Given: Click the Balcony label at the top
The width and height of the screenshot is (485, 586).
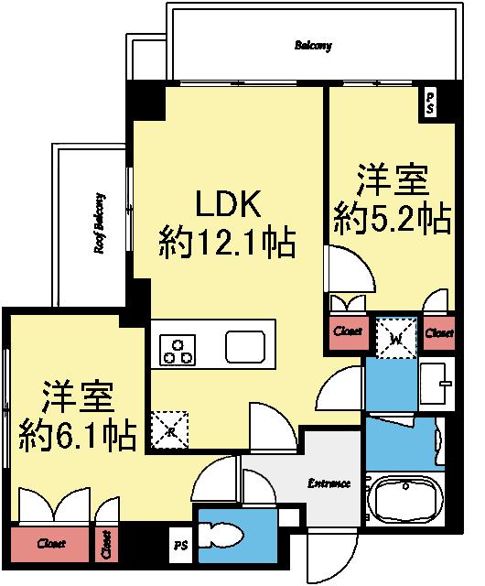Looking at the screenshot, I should pyautogui.click(x=314, y=45).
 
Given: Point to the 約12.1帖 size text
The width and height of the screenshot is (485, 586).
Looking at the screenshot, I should pyautogui.click(x=226, y=244).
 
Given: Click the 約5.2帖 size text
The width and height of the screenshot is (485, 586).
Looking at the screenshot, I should pyautogui.click(x=392, y=219).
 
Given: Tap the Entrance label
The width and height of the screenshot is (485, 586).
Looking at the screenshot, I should pyautogui.click(x=329, y=483).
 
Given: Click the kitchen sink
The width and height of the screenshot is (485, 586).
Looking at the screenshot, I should pyautogui.click(x=247, y=346).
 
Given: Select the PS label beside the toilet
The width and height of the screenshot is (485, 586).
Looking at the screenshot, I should pyautogui.click(x=179, y=547).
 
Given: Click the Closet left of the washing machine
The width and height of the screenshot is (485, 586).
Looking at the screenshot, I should pyautogui.click(x=347, y=332).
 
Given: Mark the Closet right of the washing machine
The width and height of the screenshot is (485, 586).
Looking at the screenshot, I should pyautogui.click(x=439, y=333).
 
